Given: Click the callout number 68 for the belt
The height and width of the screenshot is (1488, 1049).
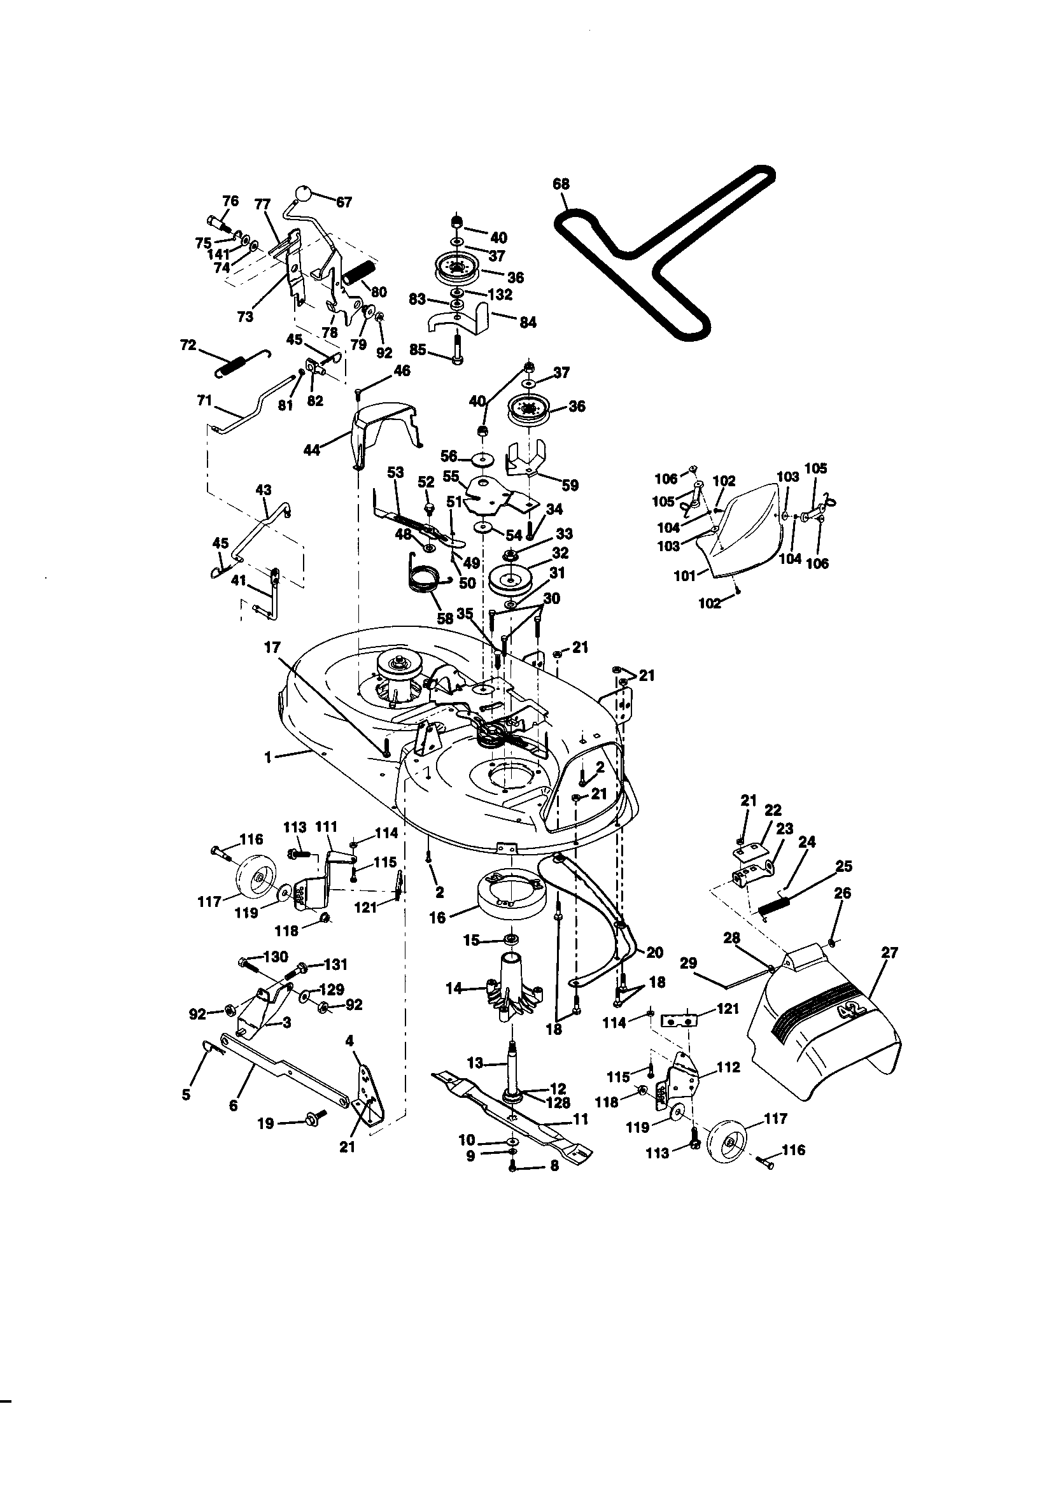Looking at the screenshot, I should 561,184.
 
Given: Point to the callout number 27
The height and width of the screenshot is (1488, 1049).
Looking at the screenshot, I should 889,953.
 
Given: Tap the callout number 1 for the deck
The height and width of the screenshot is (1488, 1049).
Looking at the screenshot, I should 268,757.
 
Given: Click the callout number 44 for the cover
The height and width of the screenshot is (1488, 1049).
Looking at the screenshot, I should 312,449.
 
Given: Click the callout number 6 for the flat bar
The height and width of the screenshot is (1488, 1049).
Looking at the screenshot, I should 234,1105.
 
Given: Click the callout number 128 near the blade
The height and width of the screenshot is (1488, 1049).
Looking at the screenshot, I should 558,1102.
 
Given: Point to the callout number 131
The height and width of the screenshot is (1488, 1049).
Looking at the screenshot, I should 335,964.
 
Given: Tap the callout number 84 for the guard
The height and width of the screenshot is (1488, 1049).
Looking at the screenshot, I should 528,322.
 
